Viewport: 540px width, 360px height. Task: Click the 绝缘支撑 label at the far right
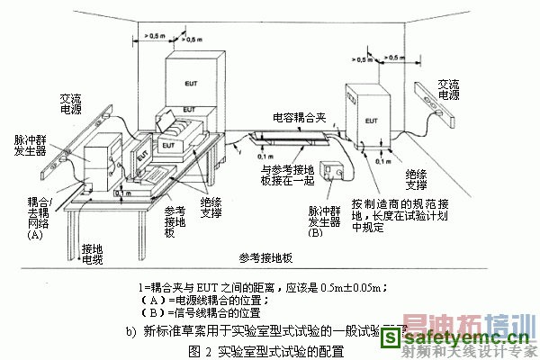click(416, 178)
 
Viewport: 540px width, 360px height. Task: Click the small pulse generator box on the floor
click(339, 171)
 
